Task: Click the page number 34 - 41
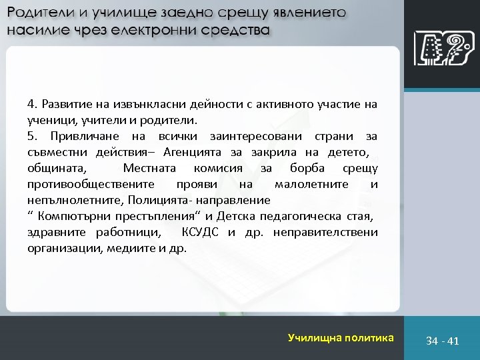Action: (x=443, y=341)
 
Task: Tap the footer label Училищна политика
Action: (x=341, y=338)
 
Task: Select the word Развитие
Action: (x=65, y=105)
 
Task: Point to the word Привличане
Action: (x=75, y=137)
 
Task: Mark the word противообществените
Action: (x=91, y=185)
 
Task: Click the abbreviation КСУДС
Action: (x=200, y=233)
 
